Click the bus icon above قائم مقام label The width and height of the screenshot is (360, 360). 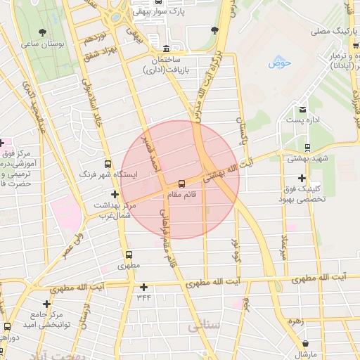pos(182,184)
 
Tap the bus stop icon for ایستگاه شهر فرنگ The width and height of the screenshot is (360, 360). pos(108,162)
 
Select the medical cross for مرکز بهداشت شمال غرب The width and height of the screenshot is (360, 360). pos(115,194)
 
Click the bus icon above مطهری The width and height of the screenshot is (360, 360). pos(129,255)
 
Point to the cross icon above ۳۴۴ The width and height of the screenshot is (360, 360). pos(144,287)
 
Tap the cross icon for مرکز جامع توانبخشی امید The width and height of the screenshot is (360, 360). pos(46,304)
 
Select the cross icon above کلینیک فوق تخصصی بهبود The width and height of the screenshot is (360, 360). pos(302,178)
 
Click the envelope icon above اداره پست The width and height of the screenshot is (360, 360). pos(302,110)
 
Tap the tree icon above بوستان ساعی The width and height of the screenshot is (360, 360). pos(43,32)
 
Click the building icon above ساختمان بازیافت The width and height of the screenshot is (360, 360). pos(166,49)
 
